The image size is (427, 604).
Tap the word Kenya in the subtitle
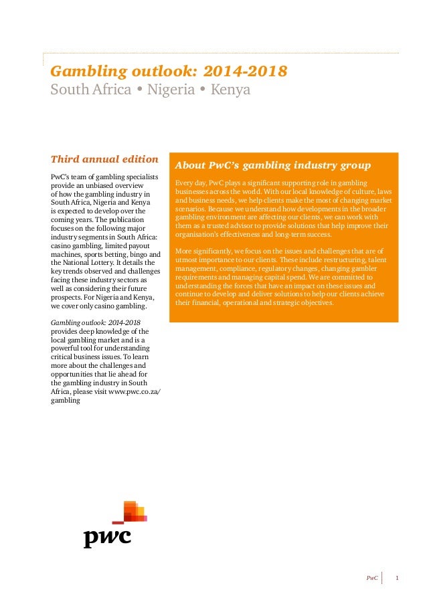(x=230, y=89)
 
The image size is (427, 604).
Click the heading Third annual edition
(x=104, y=159)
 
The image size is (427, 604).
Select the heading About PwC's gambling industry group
(x=272, y=165)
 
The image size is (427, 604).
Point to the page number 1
(x=398, y=577)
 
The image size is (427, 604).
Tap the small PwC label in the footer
(x=371, y=577)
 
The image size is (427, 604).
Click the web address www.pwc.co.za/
(x=135, y=391)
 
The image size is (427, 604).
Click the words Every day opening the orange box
(x=189, y=183)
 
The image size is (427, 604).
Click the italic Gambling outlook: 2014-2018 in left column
(x=96, y=322)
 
